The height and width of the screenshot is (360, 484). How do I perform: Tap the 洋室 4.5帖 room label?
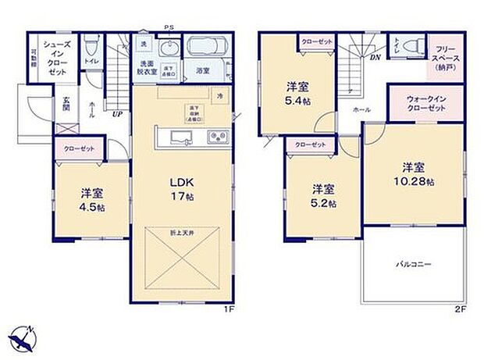pyautogui.click(x=92, y=198)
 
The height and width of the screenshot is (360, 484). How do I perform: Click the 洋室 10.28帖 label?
pyautogui.click(x=415, y=173)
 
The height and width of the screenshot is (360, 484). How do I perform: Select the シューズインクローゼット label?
pyautogui.click(x=58, y=56)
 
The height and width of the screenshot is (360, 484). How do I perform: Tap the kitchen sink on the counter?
pyautogui.click(x=179, y=140)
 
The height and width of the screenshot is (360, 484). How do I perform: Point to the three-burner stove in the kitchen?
pyautogui.click(x=216, y=139)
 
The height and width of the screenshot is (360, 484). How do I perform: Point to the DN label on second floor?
pyautogui.click(x=375, y=58)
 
